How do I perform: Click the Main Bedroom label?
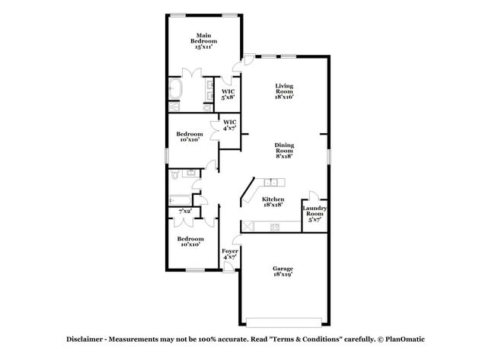[x=203, y=40]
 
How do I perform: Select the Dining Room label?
[x=284, y=150]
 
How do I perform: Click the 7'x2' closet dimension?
[x=184, y=211]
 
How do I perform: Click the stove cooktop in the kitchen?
[x=275, y=227]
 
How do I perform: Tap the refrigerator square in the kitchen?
[x=247, y=226]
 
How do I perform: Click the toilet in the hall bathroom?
[x=174, y=177]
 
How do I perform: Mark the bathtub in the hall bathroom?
[x=181, y=199]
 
